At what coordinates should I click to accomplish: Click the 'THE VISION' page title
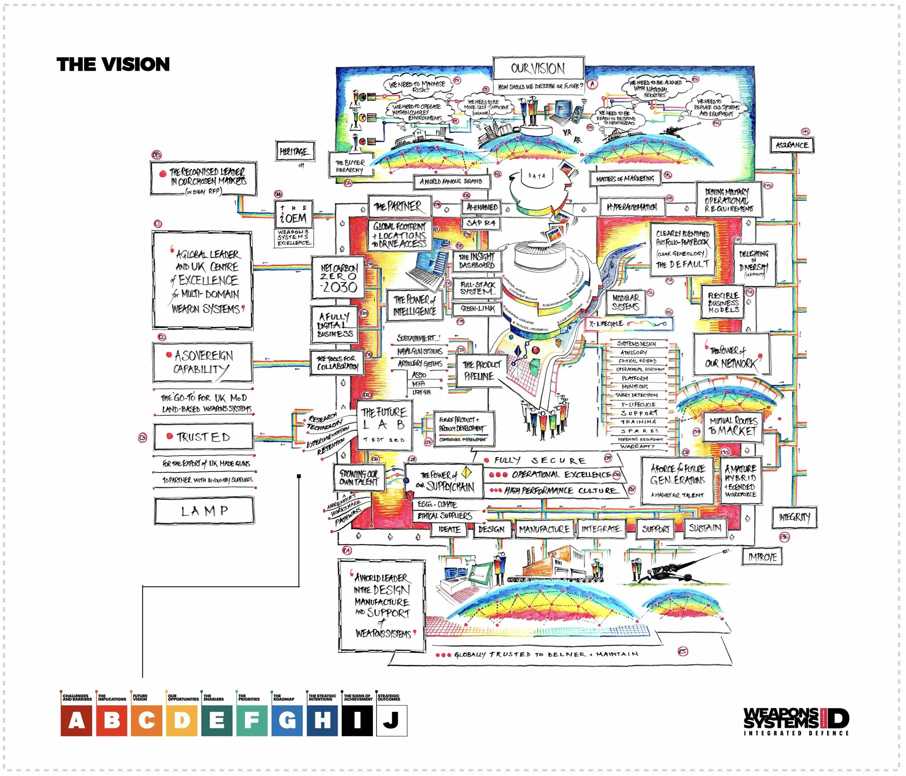(113, 64)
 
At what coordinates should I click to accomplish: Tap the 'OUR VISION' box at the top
(538, 68)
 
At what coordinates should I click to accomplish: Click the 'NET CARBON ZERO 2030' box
(338, 278)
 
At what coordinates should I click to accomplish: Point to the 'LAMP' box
(204, 511)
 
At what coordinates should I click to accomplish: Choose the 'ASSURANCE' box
(791, 145)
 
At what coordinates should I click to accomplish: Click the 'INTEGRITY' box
(794, 517)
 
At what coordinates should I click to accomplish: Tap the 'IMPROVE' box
(762, 557)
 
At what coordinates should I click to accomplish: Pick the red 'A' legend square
(76, 720)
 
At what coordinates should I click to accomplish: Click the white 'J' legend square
(391, 720)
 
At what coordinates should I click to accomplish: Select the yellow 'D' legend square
(182, 720)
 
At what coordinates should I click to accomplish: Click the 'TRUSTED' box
(203, 437)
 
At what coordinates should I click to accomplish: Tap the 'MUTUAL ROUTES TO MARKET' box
(733, 426)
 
